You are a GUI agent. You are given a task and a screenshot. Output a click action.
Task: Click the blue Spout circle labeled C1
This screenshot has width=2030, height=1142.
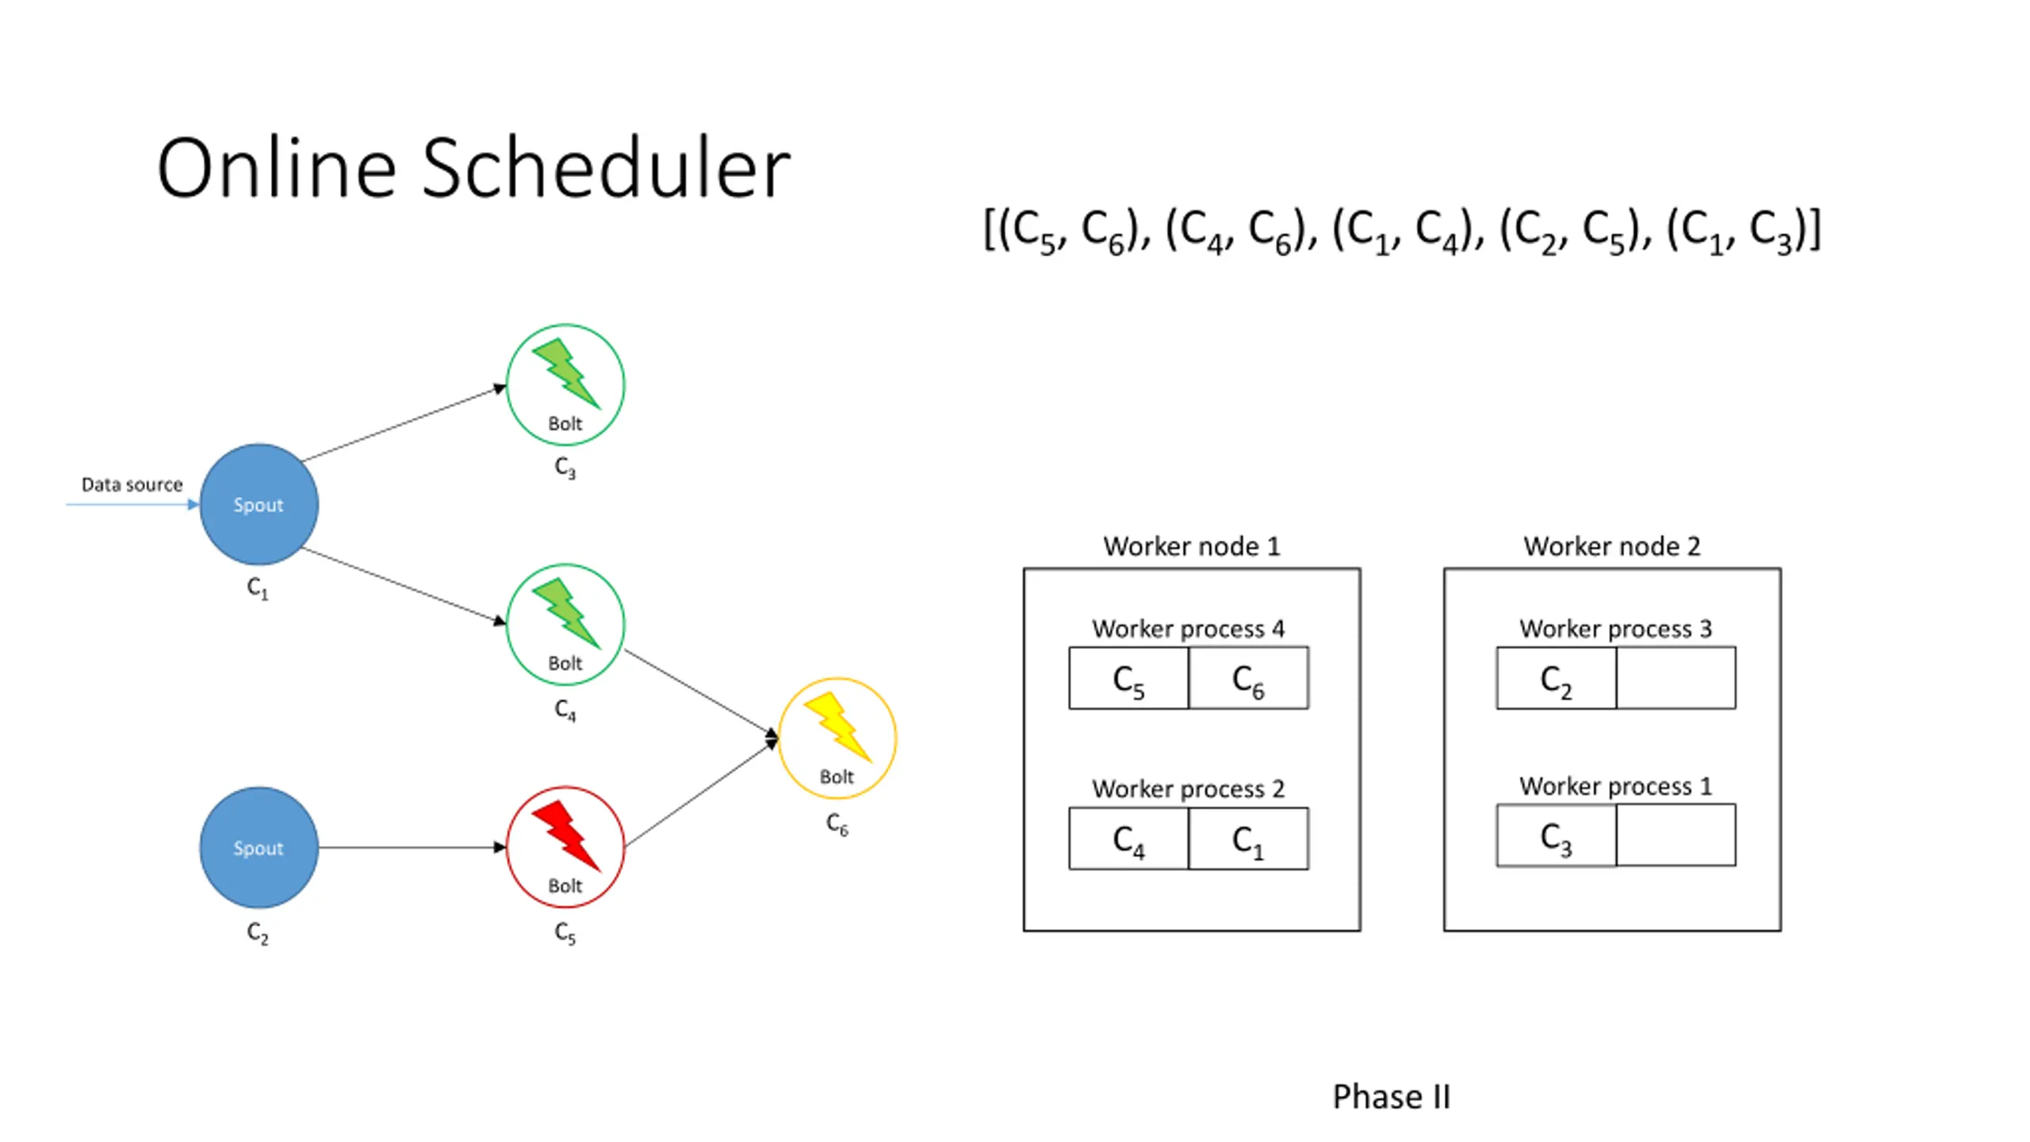(x=259, y=504)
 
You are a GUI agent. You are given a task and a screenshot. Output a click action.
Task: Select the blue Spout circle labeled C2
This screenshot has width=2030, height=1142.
(x=259, y=847)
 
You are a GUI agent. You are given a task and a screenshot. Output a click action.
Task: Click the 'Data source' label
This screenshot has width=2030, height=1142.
(x=132, y=485)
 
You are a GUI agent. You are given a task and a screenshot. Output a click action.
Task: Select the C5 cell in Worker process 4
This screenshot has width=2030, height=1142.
(x=1128, y=678)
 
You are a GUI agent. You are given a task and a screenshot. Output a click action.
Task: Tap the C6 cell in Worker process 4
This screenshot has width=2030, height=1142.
(x=1248, y=678)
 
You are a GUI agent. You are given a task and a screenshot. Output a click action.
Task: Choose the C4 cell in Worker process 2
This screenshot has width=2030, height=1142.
(x=1128, y=838)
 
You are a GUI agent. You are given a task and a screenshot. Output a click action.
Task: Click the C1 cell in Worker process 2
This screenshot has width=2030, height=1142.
(x=1248, y=838)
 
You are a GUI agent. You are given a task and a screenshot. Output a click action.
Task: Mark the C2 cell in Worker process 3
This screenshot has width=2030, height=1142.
(x=1556, y=678)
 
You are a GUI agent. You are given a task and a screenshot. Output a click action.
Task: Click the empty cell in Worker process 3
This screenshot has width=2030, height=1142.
(x=1676, y=678)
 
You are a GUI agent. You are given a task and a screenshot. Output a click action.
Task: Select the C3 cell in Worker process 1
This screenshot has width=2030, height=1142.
(x=1556, y=835)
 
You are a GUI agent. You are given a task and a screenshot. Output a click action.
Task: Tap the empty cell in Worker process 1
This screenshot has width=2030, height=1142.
(x=1676, y=835)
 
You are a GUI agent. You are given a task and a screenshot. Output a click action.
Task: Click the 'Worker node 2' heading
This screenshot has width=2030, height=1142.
(x=1612, y=546)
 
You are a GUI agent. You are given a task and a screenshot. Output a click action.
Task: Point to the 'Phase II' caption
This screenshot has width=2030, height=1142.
(x=1392, y=1097)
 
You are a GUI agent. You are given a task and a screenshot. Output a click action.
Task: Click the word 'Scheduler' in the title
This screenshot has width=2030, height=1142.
(x=606, y=168)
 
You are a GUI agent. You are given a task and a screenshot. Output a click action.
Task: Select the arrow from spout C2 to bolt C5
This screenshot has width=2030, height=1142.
(x=412, y=847)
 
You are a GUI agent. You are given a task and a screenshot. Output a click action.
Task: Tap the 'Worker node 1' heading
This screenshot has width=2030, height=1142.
(x=1192, y=546)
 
